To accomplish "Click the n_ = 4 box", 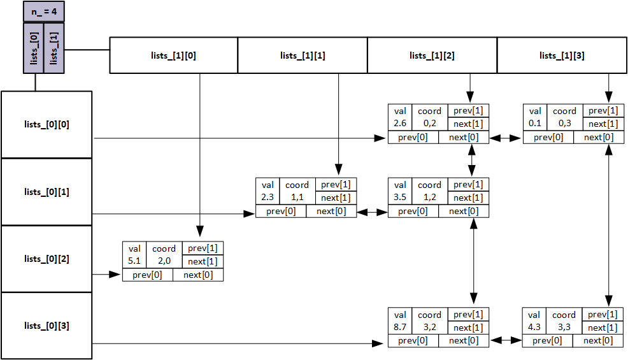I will [44, 11].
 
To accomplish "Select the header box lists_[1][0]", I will [174, 55].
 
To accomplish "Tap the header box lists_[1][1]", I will [303, 55].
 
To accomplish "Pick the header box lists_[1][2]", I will [432, 55].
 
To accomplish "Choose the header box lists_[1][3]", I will [561, 55].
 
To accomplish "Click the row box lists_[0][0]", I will [46, 124].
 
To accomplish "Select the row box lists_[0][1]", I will [46, 192].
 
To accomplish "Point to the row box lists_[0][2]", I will [46, 259].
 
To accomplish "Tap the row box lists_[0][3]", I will [46, 326].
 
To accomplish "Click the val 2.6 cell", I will [400, 117].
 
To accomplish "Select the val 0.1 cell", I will [535, 117].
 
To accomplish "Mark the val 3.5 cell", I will [400, 191].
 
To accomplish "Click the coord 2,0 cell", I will [164, 255].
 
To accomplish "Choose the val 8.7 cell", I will [400, 321].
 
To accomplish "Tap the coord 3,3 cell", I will [564, 321].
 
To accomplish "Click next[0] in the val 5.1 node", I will [198, 275].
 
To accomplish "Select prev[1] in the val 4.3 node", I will [602, 315].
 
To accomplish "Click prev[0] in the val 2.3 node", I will [281, 212].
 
